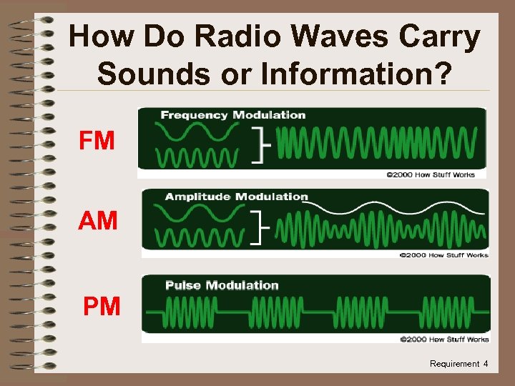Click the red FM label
[x=97, y=140]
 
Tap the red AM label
[x=97, y=220]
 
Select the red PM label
[x=102, y=306]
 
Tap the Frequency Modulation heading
[x=233, y=115]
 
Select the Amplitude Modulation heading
[x=237, y=197]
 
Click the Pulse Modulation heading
[x=222, y=285]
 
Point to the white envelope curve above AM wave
[x=393, y=208]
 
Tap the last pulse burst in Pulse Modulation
[x=447, y=312]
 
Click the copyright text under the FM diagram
[x=431, y=174]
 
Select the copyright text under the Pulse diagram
[x=444, y=339]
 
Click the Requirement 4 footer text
[x=458, y=364]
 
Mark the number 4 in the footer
[x=486, y=363]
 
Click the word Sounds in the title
[x=154, y=73]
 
